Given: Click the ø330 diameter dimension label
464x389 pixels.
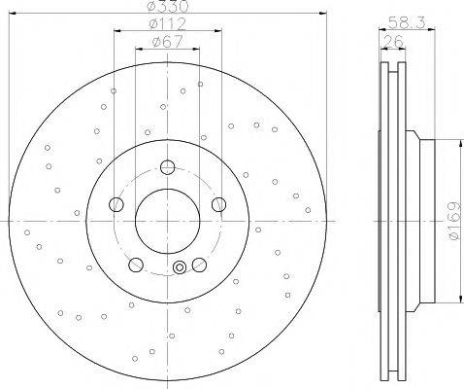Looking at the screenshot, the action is (x=168, y=6).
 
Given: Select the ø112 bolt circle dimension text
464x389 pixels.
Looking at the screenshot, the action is (x=168, y=23).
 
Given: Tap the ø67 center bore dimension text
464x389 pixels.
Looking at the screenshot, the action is (x=167, y=42).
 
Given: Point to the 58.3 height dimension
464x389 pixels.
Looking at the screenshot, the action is (x=407, y=22).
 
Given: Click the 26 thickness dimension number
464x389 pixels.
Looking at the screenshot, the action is (x=393, y=42).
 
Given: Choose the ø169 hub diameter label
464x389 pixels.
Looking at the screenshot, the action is (x=454, y=221).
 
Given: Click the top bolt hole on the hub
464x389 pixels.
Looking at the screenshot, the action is (x=167, y=167).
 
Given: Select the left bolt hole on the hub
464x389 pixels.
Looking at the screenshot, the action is (x=116, y=204).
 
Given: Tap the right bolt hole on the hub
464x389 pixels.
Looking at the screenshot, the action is (x=218, y=204).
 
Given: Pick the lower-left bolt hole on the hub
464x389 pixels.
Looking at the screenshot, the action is (x=136, y=265).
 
